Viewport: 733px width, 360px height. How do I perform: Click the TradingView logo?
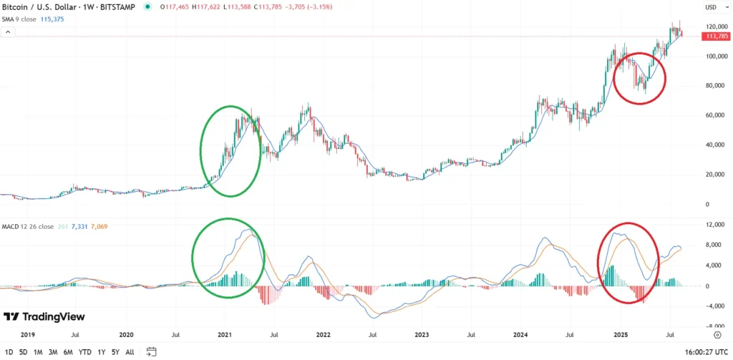pos(44,316)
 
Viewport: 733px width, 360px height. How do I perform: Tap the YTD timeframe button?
pos(85,351)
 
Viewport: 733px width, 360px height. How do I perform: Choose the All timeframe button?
pos(130,351)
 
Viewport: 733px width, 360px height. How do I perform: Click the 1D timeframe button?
pos(10,351)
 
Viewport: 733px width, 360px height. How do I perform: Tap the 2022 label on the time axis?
pos(323,334)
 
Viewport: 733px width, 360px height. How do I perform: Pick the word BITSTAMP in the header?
pos(124,6)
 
